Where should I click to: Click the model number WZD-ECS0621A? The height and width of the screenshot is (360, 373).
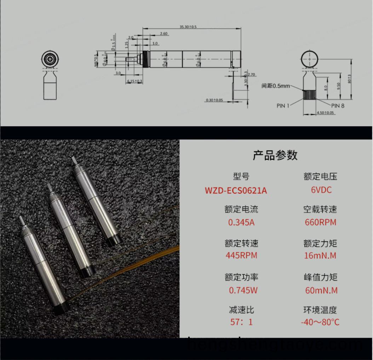[x=236, y=190]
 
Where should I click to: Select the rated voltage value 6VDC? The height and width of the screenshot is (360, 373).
[x=321, y=190]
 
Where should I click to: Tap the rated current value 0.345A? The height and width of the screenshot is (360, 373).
[x=241, y=223]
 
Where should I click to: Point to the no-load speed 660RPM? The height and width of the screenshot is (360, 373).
[x=320, y=223]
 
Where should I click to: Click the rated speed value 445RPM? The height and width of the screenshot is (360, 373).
[x=241, y=255]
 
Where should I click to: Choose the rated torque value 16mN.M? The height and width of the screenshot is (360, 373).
[x=320, y=255]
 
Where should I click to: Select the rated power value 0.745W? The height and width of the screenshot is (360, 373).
[x=243, y=290]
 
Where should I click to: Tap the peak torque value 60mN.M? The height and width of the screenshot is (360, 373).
[x=321, y=290]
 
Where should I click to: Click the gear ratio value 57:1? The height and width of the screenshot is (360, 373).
[x=241, y=322]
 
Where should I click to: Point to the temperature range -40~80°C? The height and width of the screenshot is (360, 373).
[x=320, y=322]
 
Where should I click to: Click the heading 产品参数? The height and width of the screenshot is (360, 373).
[x=275, y=155]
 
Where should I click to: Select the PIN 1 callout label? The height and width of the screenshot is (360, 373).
[x=283, y=105]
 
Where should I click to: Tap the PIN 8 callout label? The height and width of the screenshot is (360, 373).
[x=338, y=105]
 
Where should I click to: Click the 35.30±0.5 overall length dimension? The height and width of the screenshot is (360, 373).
[x=188, y=27]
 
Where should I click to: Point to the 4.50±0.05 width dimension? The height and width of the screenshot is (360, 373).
[x=325, y=113]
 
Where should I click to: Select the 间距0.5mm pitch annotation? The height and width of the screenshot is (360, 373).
[x=275, y=86]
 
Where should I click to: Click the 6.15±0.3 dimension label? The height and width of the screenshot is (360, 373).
[x=134, y=81]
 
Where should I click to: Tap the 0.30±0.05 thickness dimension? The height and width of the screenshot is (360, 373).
[x=214, y=100]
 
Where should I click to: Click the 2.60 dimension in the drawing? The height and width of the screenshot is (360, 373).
[x=163, y=34]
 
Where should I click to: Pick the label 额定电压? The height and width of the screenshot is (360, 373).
[x=320, y=176]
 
